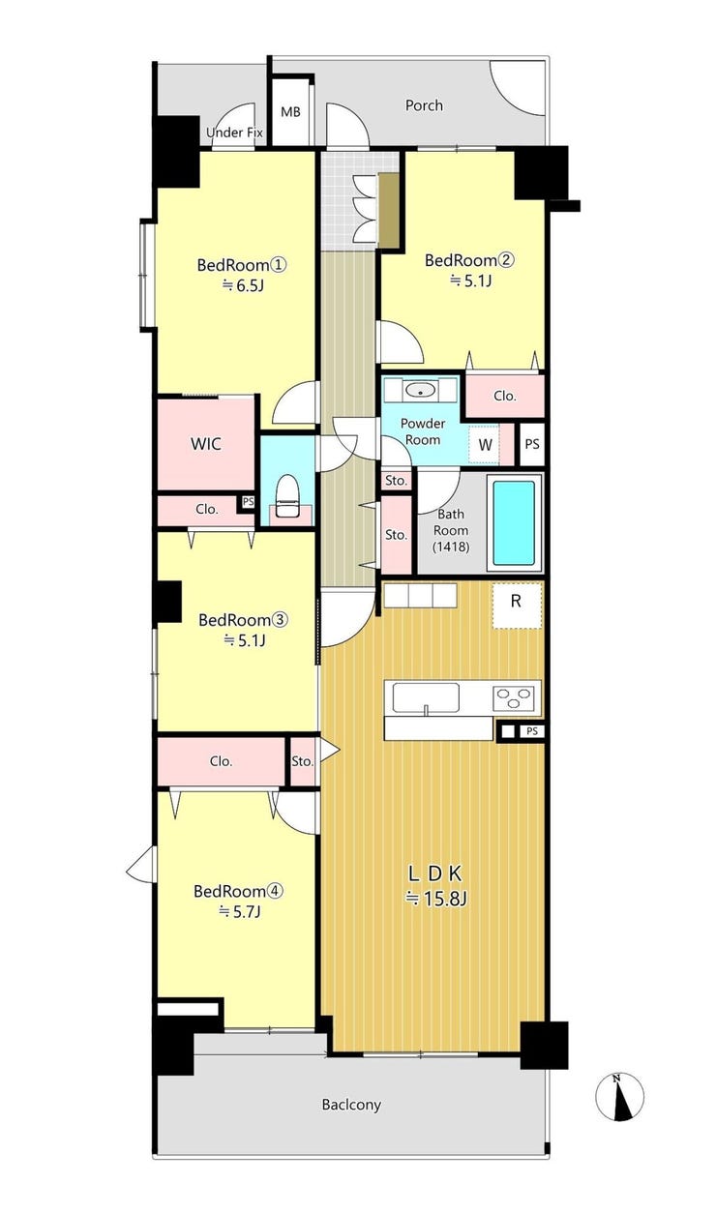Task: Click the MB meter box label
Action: pos(290,112)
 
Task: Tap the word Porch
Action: pos(424,105)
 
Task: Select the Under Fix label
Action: pos(234,133)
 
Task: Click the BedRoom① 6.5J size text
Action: pos(242,284)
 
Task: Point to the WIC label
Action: pos(206,444)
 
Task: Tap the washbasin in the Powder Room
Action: pos(420,390)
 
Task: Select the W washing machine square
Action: pos(484,445)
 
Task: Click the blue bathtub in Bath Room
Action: pos(515,523)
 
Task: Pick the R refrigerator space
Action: pos(517,606)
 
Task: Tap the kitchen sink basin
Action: pos(426,698)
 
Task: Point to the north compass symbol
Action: pos(619,1097)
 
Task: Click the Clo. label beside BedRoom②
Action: pos(505,396)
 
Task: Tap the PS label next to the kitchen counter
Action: pos(532,731)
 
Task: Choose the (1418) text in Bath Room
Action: pos(451,547)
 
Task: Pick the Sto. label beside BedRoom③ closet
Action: pos(302,761)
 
